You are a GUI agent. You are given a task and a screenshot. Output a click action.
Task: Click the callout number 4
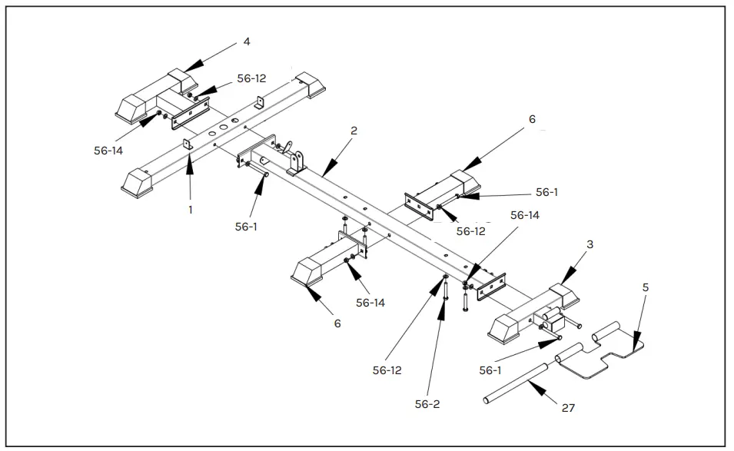247,41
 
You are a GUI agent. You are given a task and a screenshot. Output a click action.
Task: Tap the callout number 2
354,131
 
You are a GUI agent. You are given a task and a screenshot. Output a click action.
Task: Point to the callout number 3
590,244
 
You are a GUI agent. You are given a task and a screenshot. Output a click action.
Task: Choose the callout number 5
646,287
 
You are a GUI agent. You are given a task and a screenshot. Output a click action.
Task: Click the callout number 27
568,408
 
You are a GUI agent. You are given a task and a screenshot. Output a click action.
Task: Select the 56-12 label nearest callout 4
251,78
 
